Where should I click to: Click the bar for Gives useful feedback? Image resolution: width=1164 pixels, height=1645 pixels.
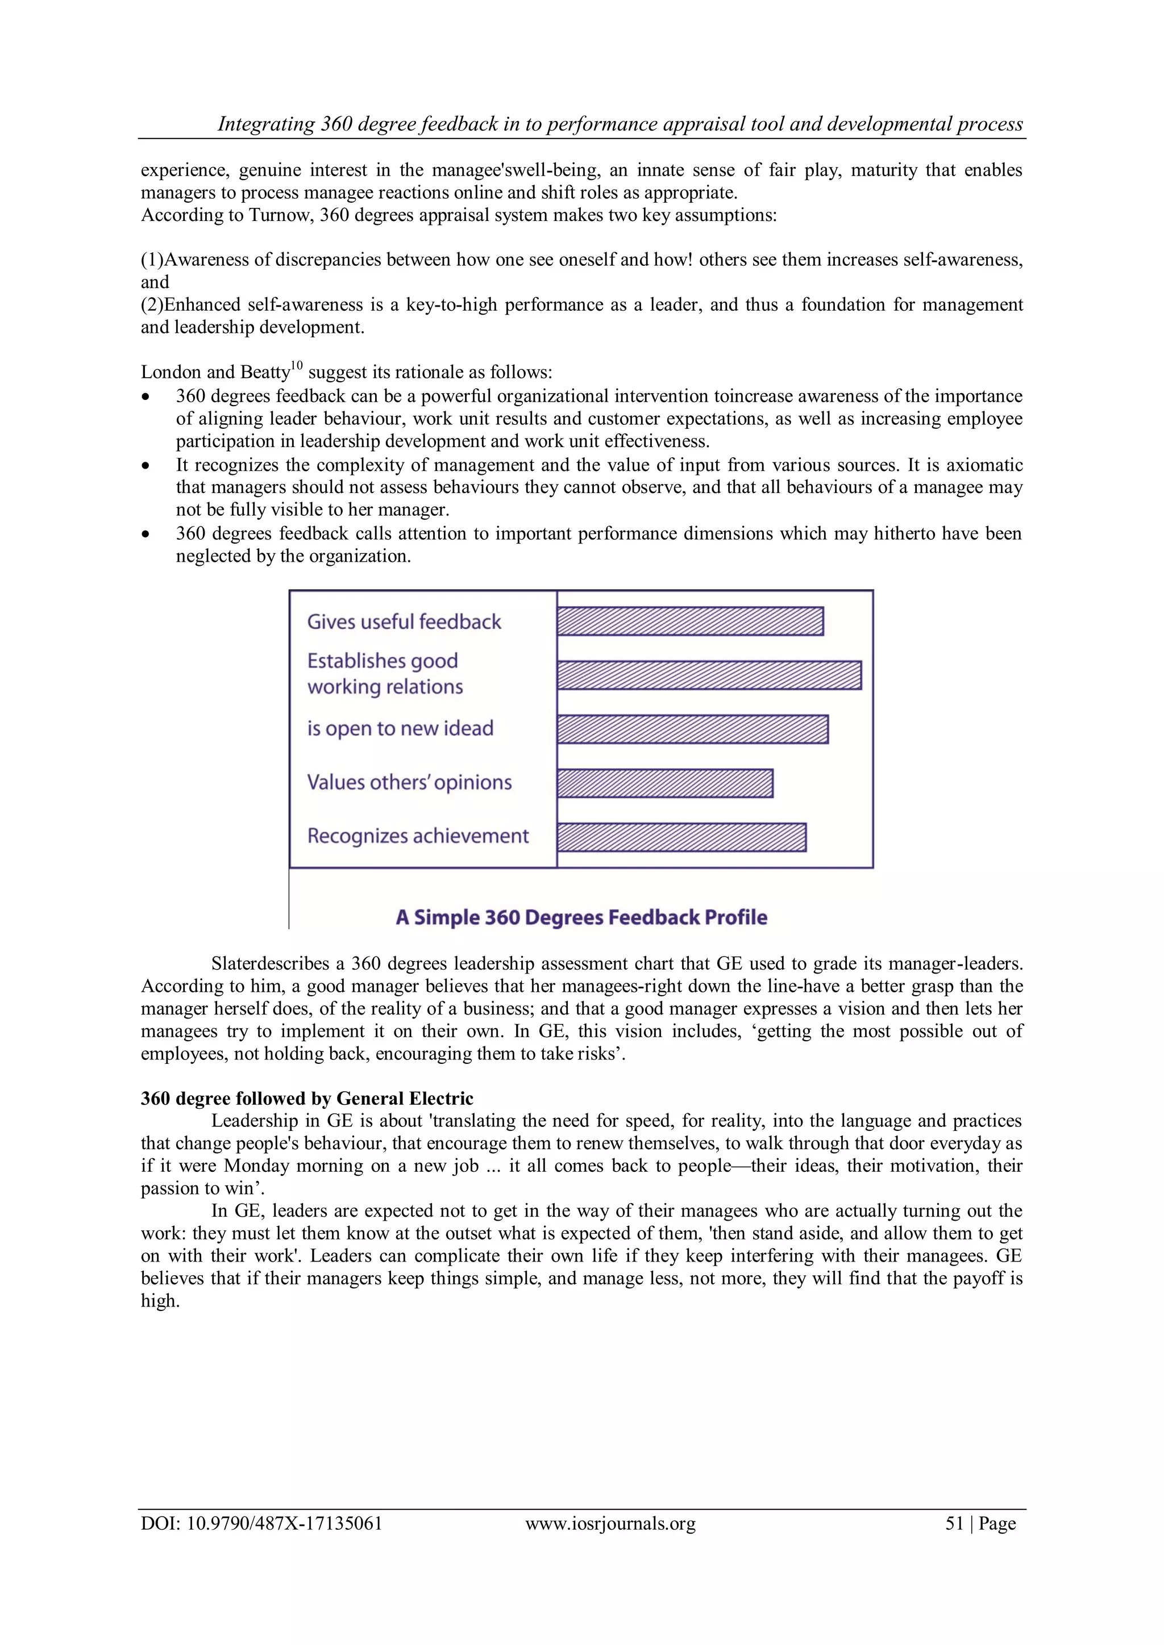coord(689,621)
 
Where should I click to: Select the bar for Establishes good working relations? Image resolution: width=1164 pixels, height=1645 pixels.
coord(709,675)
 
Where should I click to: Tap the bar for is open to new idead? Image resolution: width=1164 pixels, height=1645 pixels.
coord(692,729)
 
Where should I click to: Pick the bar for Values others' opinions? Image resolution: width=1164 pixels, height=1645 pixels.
coord(664,783)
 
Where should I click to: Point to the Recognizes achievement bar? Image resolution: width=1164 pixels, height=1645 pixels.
coord(681,837)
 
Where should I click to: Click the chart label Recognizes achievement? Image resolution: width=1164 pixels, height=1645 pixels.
coord(418,836)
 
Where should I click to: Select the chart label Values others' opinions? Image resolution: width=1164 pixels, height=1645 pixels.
coord(409,782)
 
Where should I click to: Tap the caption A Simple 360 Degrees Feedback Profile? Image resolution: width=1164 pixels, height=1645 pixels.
coord(581,918)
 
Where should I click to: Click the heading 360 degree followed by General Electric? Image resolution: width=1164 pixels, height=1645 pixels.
coord(307,1099)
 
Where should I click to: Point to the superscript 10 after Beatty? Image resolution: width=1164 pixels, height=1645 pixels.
coord(297,366)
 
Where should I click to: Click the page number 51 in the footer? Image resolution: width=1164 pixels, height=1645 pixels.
coord(954,1523)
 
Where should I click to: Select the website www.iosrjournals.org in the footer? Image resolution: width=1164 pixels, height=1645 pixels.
coord(610,1524)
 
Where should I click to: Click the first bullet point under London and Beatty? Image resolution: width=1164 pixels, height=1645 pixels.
coord(147,397)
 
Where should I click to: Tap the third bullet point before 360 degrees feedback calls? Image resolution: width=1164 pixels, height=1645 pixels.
coord(147,535)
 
